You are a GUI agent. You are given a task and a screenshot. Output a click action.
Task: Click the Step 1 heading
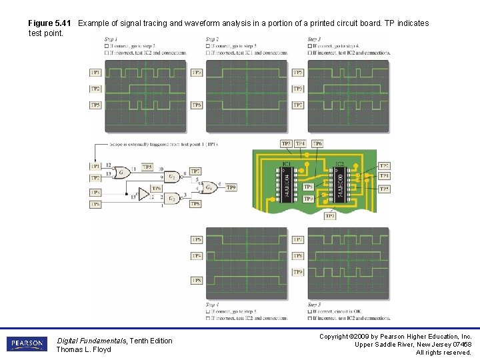click(111, 39)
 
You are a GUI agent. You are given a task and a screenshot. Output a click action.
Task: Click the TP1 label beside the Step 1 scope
click(96, 72)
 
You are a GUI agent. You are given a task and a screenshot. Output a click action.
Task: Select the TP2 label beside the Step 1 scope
click(96, 89)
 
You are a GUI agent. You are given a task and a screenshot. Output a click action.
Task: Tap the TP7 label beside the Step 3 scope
click(298, 105)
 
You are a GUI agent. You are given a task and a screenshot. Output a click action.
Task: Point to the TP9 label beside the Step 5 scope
click(298, 273)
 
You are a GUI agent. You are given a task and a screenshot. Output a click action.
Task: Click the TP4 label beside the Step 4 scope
click(197, 256)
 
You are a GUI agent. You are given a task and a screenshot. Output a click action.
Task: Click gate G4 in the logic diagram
click(211, 188)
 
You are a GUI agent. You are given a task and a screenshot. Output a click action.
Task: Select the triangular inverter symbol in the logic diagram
click(143, 195)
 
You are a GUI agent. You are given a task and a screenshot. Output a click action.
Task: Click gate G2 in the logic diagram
click(171, 176)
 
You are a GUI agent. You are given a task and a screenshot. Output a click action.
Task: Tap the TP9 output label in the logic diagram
click(231, 188)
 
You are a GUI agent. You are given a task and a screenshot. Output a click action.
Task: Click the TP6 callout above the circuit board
click(317, 143)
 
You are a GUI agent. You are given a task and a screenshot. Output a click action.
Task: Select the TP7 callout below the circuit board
click(330, 216)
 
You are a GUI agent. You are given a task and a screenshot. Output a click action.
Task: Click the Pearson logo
click(27, 344)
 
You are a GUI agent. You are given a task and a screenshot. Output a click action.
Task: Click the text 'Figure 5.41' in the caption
click(51, 23)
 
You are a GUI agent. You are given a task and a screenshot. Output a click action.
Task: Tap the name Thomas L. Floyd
click(83, 349)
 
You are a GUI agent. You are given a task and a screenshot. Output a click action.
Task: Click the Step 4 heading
click(213, 305)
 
